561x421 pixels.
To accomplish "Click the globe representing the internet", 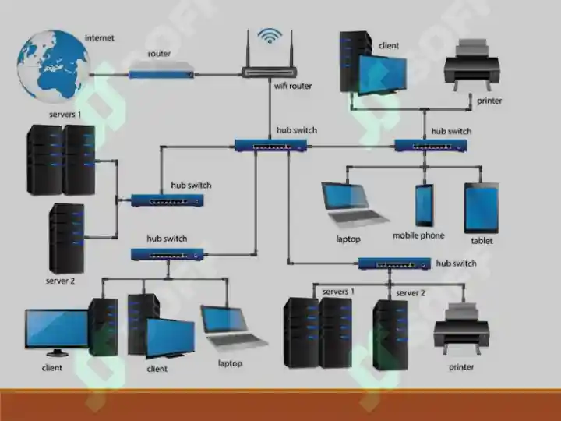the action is click(53, 66).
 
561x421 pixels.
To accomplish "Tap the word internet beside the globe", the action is click(100, 38).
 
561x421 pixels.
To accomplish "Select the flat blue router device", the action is click(161, 70).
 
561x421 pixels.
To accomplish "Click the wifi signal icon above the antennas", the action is click(270, 36).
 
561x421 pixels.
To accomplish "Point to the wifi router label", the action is click(293, 86).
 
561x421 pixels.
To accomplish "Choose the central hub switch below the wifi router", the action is click(271, 145).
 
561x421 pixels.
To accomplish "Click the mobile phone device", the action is click(425, 206).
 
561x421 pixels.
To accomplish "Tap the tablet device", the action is click(482, 208).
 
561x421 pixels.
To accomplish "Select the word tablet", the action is click(482, 241).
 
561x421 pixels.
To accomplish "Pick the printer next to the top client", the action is click(471, 65).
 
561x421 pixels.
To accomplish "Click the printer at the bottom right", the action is click(461, 328).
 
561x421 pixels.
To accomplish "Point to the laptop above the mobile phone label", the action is click(355, 205).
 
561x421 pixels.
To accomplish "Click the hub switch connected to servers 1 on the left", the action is click(168, 200).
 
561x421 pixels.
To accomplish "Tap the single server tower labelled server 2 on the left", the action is click(66, 239).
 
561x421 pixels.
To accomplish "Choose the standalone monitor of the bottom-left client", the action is click(57, 333).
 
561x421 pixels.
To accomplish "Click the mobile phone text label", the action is click(418, 235).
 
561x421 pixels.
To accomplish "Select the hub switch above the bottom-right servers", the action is click(394, 264).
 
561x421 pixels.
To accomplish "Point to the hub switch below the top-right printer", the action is click(431, 145).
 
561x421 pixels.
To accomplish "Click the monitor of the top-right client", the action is click(382, 75).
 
